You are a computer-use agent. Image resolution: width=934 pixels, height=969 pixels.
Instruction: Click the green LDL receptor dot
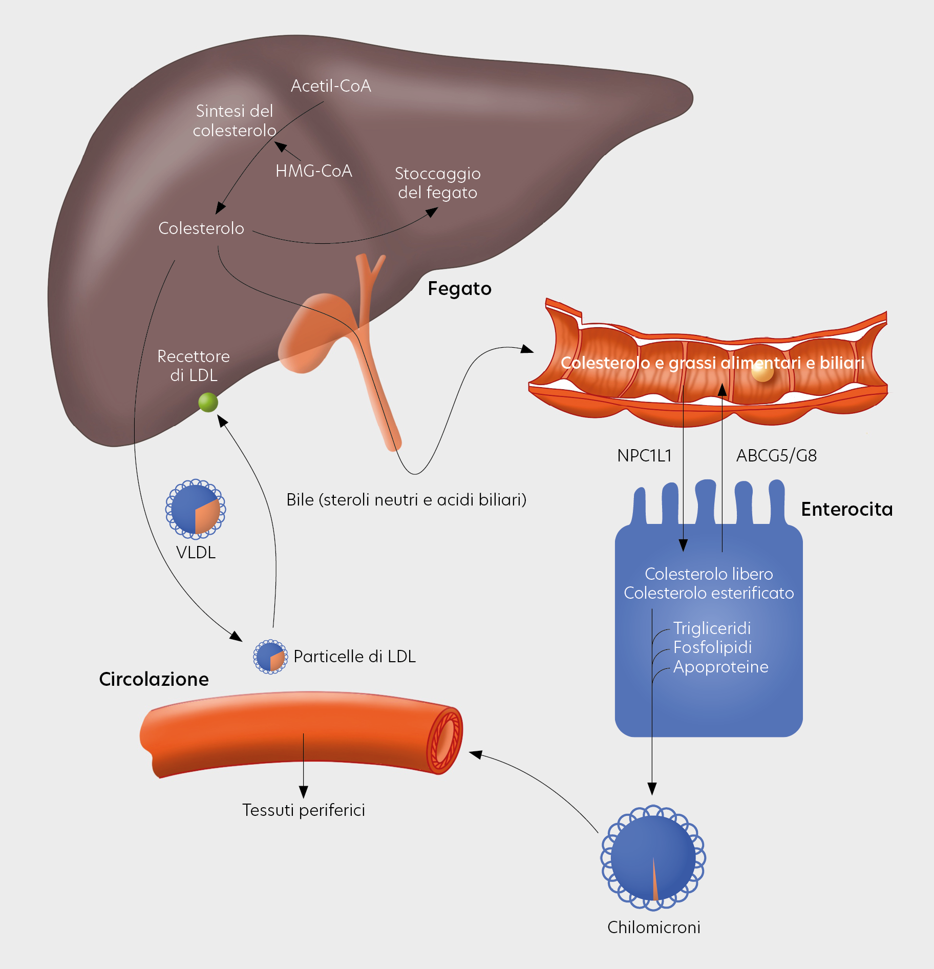coord(208,403)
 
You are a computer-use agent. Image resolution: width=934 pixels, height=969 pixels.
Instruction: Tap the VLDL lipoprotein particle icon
coord(196,510)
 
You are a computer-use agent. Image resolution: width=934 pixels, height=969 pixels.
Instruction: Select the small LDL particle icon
coord(270,657)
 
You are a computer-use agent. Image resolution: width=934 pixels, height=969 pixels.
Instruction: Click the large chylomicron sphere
coord(653,858)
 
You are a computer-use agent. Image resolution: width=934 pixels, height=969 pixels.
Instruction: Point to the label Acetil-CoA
coord(331,86)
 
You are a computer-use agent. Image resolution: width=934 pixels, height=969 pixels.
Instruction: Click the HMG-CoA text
coord(313,171)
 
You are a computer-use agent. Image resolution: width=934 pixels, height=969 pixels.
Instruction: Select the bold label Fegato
coord(459,289)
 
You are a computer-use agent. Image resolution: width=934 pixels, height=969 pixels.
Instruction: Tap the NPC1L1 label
coord(644,456)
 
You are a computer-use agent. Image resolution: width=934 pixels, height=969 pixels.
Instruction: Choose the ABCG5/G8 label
coord(776,456)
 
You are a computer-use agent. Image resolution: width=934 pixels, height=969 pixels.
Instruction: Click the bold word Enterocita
coord(846,510)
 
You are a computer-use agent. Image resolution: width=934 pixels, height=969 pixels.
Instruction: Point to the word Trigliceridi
coord(712,628)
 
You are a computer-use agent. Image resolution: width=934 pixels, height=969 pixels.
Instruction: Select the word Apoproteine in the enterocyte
coord(720,667)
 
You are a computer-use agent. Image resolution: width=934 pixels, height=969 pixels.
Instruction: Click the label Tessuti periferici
coord(304,810)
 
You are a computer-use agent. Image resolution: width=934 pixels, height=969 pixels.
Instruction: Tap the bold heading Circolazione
coord(154,680)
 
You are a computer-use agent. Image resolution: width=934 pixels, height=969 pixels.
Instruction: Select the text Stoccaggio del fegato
coord(437,183)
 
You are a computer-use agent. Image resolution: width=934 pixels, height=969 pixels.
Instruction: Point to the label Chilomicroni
coord(653,928)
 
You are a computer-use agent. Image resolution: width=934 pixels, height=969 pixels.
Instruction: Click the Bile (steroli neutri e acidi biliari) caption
coord(406,500)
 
